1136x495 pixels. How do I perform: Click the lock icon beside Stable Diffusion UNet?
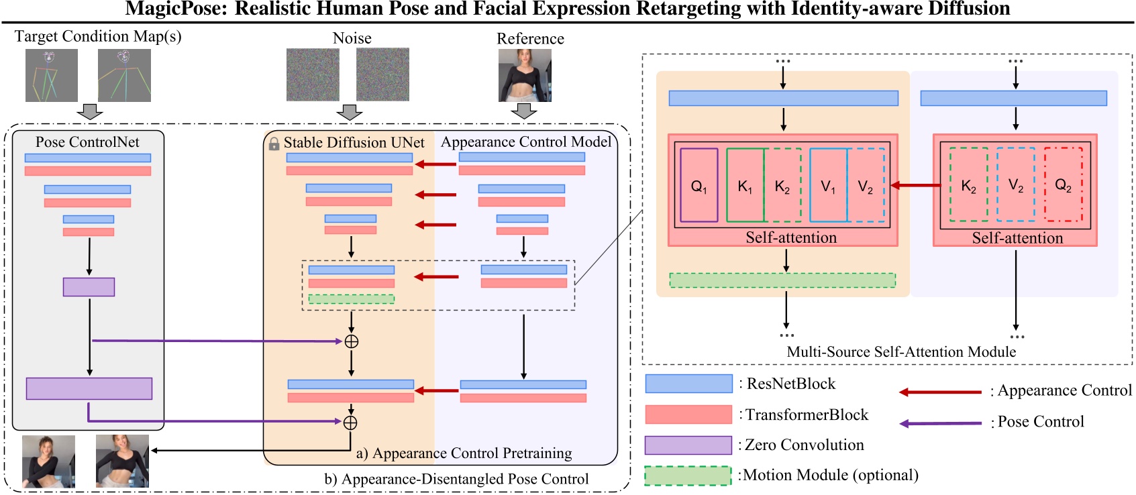click(x=274, y=144)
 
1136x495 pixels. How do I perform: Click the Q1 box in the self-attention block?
click(x=699, y=186)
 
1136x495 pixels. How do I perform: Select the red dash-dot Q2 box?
click(x=1064, y=184)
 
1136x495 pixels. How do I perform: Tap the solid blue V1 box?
click(x=828, y=186)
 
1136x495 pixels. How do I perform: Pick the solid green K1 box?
click(x=745, y=186)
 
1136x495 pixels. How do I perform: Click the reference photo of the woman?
click(x=525, y=75)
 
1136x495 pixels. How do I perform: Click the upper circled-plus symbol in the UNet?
click(x=351, y=341)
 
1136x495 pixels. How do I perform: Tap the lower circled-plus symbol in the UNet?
click(x=350, y=423)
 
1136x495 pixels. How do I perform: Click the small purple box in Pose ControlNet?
click(x=89, y=287)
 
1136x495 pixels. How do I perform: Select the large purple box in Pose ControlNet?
click(x=89, y=388)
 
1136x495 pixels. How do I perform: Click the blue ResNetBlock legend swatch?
click(x=688, y=384)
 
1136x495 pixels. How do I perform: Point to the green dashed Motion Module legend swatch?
click(x=688, y=476)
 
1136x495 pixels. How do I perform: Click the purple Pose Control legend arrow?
click(x=940, y=423)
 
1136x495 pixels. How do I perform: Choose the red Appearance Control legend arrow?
click(x=940, y=392)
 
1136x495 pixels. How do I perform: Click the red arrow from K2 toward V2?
click(x=915, y=185)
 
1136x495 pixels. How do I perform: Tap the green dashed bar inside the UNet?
click(x=351, y=299)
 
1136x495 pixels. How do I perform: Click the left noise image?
click(x=313, y=74)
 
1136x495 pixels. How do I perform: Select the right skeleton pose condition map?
click(x=124, y=75)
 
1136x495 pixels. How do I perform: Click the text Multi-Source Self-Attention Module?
click(x=901, y=352)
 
